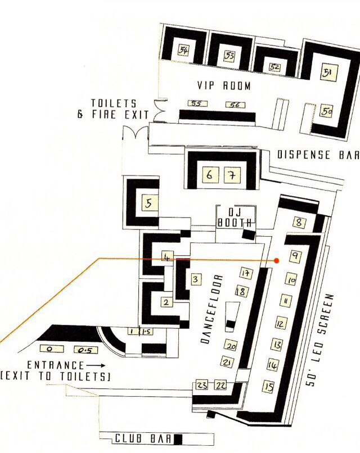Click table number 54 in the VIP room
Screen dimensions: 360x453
[x=183, y=50]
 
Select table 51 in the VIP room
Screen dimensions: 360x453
[x=327, y=73]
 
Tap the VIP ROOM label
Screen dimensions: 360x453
[x=223, y=86]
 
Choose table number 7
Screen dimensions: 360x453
[x=230, y=175]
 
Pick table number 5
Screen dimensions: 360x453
[x=148, y=203]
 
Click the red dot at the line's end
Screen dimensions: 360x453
[x=276, y=261]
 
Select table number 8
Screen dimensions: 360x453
[x=299, y=223]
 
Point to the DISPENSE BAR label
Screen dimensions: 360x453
[x=317, y=155]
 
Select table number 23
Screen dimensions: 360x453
[x=202, y=385]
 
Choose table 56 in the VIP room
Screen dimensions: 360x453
[x=235, y=105]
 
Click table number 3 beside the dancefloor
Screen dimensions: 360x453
[x=196, y=279]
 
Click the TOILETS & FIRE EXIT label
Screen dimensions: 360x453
[x=114, y=109]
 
